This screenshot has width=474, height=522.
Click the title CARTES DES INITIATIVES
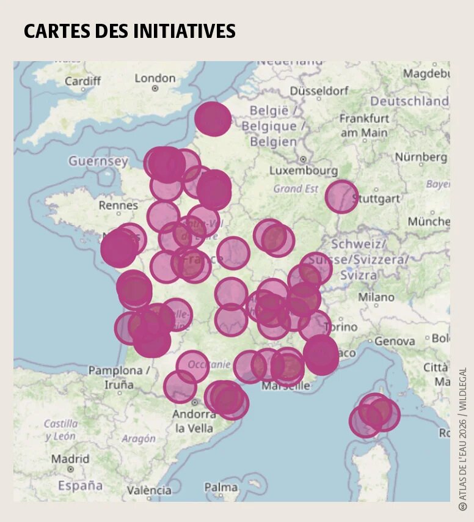[x=129, y=31]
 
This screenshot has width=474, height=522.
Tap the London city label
[x=155, y=78]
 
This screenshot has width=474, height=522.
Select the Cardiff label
[x=82, y=81]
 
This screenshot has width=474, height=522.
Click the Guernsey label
[x=98, y=161]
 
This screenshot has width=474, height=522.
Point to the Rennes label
[x=118, y=205]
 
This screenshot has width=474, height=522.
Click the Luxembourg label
[x=303, y=170]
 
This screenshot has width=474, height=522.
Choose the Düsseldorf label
[x=319, y=90]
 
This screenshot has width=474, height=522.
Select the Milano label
[x=376, y=297]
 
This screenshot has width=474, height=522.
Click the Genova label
[x=395, y=341]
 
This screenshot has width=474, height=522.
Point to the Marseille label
[x=286, y=386]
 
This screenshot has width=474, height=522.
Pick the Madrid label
[x=70, y=458]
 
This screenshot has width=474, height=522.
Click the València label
[x=149, y=490]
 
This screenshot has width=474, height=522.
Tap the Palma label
[x=221, y=487]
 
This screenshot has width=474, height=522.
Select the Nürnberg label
[x=420, y=157]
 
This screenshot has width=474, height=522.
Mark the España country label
[x=80, y=485]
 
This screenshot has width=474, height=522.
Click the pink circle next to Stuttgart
[x=341, y=196]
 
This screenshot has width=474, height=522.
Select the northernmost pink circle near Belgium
[x=213, y=119]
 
